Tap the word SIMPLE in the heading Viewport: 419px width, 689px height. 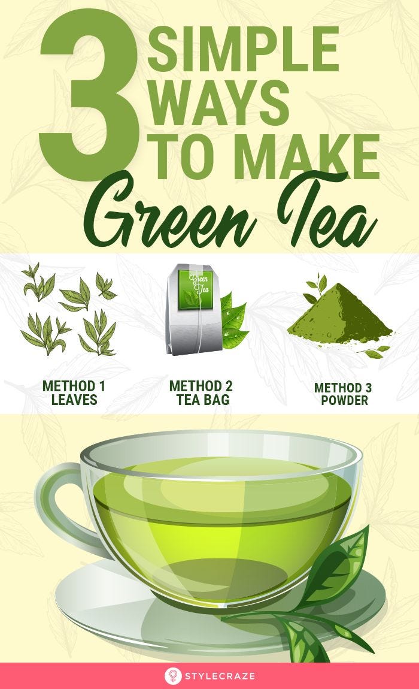click(243, 49)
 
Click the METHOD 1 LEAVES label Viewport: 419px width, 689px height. click(74, 393)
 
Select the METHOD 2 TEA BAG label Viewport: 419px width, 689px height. click(201, 393)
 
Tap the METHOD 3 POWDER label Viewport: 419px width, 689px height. click(344, 394)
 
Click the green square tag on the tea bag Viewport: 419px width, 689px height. click(196, 289)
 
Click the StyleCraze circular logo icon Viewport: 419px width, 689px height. click(173, 676)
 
